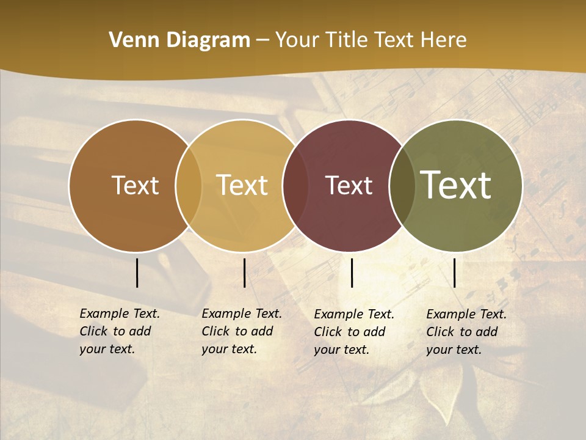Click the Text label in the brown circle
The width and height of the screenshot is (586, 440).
[x=135, y=185]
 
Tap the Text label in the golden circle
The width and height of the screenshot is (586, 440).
[x=242, y=185]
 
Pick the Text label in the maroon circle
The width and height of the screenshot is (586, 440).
[x=349, y=185]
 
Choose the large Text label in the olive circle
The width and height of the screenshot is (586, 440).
[x=456, y=185]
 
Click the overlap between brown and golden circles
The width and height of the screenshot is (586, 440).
[x=189, y=186]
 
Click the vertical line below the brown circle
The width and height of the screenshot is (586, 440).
[x=137, y=273]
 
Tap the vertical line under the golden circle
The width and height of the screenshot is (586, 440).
[x=244, y=273]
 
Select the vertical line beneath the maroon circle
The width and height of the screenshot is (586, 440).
[x=352, y=273]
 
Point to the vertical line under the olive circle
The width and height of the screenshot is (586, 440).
[x=454, y=273]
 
